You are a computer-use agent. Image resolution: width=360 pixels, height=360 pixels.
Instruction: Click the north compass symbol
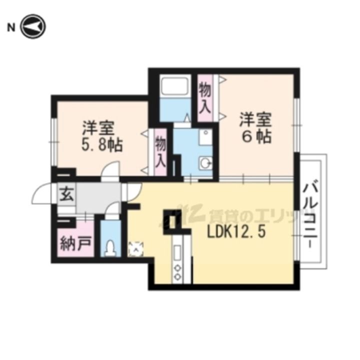33,26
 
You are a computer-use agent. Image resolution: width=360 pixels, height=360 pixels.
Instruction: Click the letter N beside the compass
11,28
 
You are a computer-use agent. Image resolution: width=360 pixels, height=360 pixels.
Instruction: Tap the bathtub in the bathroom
174,86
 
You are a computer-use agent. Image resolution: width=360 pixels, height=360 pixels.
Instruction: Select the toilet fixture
110,248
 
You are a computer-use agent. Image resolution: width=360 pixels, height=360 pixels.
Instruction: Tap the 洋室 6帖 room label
256,127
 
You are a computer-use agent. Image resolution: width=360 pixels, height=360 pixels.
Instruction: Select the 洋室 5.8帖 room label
102,136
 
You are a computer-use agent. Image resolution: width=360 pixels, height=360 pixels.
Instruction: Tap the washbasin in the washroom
205,163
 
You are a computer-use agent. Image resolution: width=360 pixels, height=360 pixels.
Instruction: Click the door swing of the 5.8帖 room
110,169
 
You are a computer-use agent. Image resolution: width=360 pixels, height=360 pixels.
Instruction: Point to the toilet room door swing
112,209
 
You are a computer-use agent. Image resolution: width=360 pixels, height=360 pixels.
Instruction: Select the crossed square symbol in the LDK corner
136,249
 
